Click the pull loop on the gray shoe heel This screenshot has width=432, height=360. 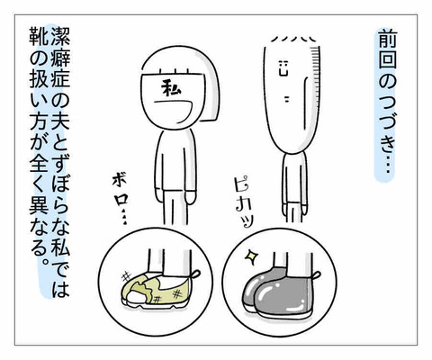click(x=317, y=274)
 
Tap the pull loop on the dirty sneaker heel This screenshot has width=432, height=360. click(x=194, y=274)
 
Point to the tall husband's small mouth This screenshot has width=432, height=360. click(x=287, y=100)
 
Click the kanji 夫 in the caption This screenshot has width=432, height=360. click(x=60, y=119)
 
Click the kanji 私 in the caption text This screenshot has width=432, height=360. click(x=60, y=245)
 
